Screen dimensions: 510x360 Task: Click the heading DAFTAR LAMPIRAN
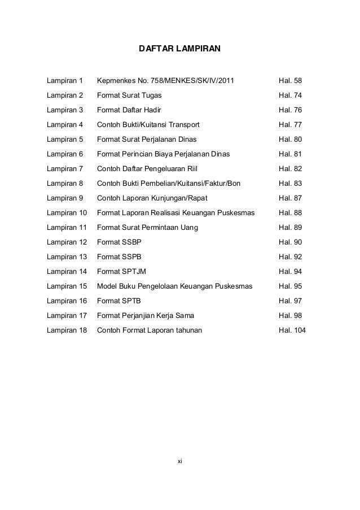point(180,51)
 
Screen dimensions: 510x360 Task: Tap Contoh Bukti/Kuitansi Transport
point(148,124)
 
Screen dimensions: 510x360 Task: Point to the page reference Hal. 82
point(291,168)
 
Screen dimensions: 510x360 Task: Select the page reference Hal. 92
point(291,256)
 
